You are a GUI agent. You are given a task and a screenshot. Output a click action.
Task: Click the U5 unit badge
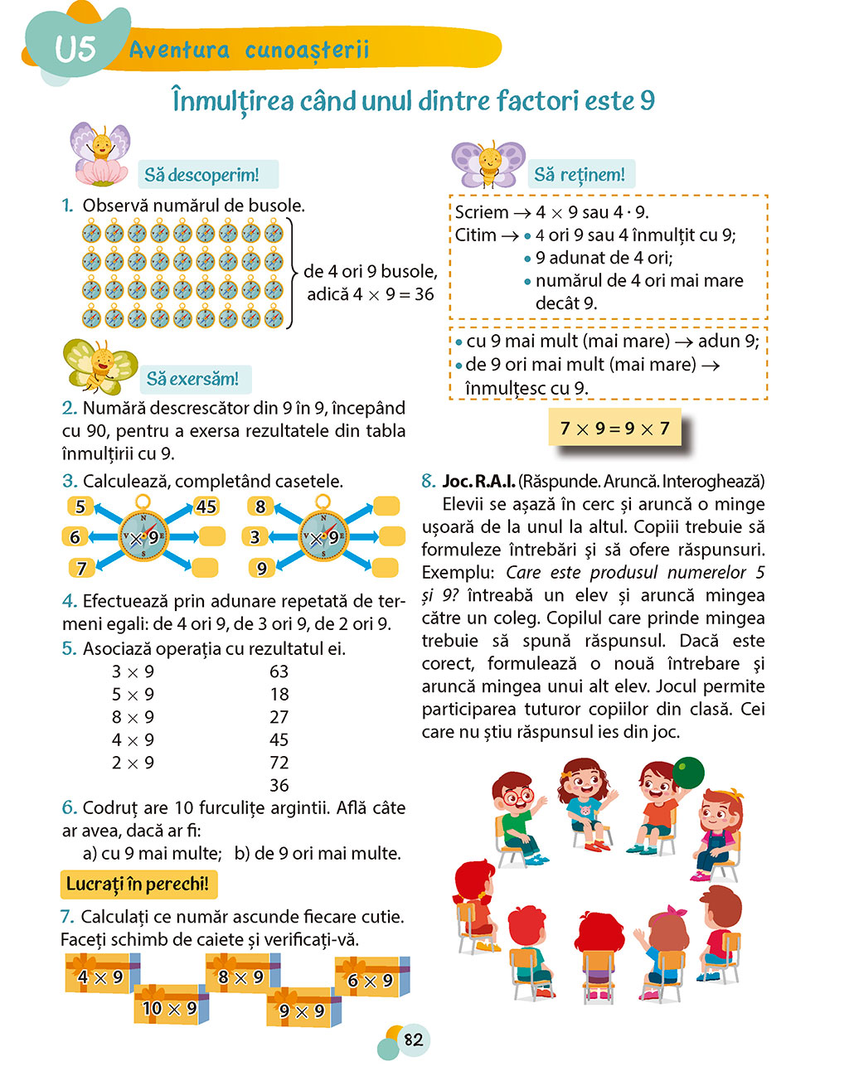point(75,48)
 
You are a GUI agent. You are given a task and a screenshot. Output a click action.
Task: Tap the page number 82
point(413,1040)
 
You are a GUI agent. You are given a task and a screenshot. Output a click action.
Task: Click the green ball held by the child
point(687,773)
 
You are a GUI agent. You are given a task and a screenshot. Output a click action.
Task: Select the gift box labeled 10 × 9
point(171,1007)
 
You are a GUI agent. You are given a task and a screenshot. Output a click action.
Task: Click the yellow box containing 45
point(206,506)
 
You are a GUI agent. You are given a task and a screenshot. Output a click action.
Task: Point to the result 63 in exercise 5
point(279,671)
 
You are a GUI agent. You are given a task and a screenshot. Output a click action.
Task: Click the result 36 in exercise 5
point(279,785)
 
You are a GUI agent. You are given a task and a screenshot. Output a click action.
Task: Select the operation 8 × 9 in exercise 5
point(133,717)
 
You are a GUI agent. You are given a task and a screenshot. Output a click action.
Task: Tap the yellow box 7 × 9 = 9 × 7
point(614,429)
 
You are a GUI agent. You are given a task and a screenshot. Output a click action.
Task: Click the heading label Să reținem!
point(580,174)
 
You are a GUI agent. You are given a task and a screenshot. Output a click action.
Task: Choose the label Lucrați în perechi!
point(138,885)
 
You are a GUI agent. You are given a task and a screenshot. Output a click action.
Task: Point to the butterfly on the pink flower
point(100,153)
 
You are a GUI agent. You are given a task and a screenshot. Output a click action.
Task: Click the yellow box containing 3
point(255,537)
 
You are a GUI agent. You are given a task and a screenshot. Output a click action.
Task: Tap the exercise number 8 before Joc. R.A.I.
point(428,481)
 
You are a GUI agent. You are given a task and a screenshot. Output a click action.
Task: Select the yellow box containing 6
point(75,537)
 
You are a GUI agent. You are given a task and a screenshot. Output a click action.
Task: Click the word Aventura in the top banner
point(179,50)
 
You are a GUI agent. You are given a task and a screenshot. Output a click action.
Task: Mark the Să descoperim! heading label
point(202,175)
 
